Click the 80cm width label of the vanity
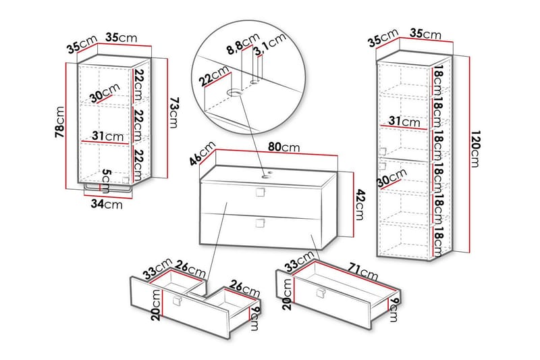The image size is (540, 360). (x=284, y=147)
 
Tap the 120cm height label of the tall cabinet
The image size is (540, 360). (x=475, y=149)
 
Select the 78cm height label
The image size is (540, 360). (x=59, y=122)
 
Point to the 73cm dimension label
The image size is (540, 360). (x=174, y=113)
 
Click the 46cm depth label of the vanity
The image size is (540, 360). (x=202, y=153)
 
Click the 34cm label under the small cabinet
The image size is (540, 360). (x=107, y=204)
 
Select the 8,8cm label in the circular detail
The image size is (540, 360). (x=243, y=44)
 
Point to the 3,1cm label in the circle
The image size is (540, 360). (x=269, y=45)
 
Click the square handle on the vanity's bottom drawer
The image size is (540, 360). (x=261, y=223)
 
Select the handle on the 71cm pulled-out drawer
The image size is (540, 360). (x=321, y=292)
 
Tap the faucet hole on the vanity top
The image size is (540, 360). (x=266, y=177)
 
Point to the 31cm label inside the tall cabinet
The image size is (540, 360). (x=404, y=122)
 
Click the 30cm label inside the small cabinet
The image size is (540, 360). (x=105, y=93)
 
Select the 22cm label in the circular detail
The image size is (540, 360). (x=215, y=76)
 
